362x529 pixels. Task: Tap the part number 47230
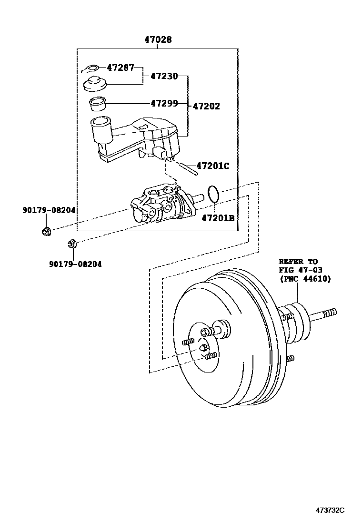tap(164, 76)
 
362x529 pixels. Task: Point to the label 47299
tap(164, 103)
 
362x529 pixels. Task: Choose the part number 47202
tap(206, 106)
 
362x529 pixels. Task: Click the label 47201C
tap(213, 166)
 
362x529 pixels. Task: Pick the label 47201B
tap(218, 218)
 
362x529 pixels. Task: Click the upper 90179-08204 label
tap(49, 210)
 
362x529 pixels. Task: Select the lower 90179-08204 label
tap(75, 264)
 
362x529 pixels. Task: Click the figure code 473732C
tap(330, 510)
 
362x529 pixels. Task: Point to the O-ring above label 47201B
tap(214, 194)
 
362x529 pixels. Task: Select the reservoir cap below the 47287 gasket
tap(95, 84)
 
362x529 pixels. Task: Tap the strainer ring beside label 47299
tap(97, 103)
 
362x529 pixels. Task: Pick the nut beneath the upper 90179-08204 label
tap(47, 232)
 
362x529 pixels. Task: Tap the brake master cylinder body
tap(162, 207)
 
